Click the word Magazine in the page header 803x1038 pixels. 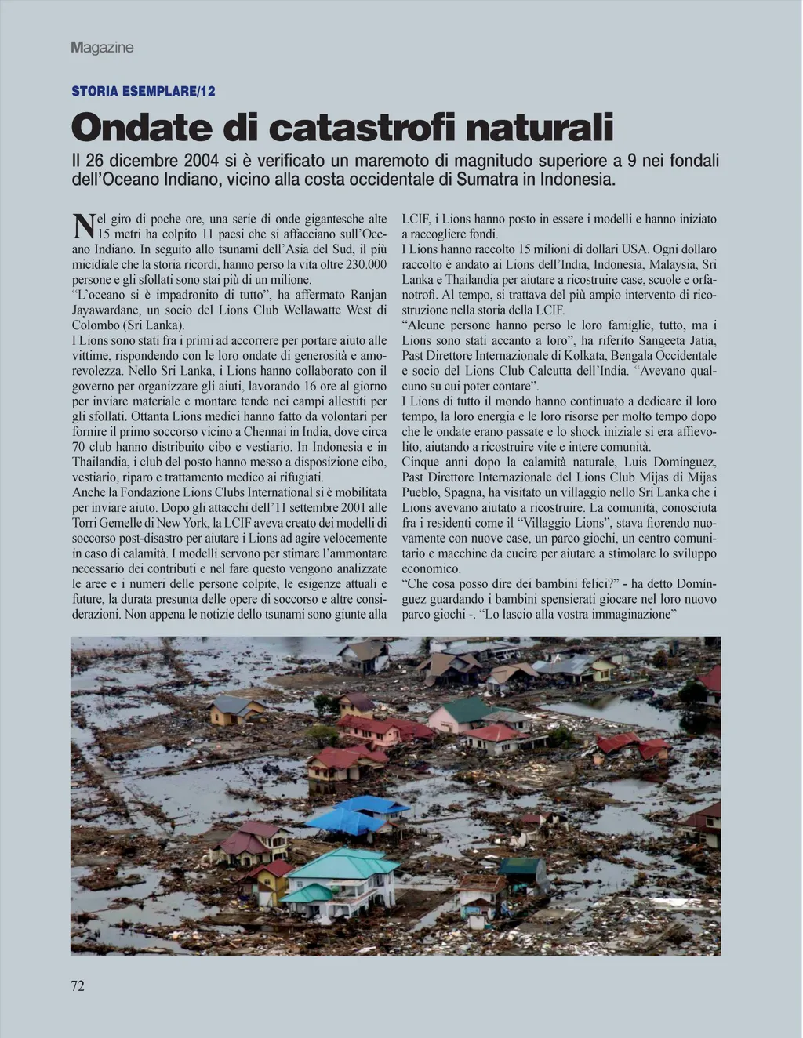tap(102, 48)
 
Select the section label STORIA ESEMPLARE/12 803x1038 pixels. tap(144, 91)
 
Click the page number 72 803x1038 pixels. tap(78, 986)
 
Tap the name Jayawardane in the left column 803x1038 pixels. tap(109, 310)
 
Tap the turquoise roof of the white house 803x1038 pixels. tap(343, 862)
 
